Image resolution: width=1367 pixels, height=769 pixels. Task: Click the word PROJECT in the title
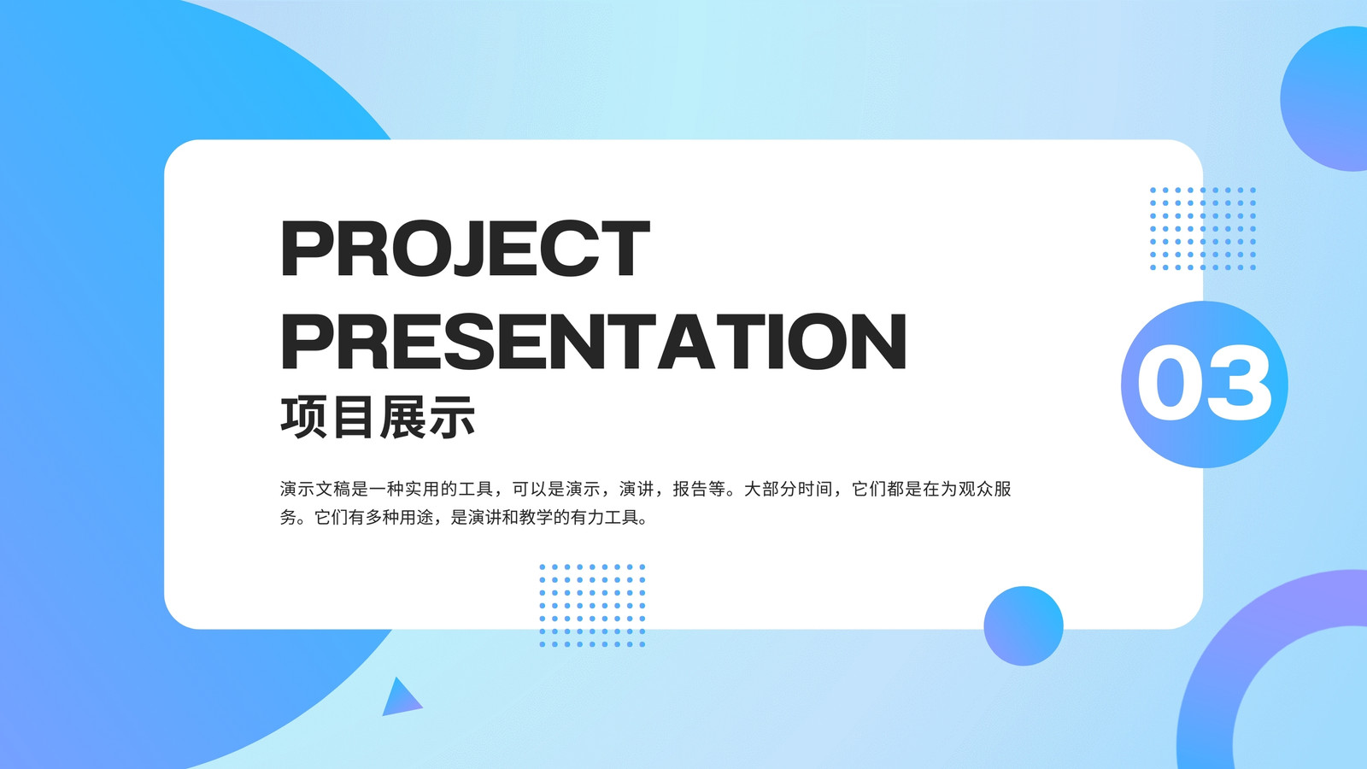[465, 249]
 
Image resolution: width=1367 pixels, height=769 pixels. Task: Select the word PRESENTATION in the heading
[593, 341]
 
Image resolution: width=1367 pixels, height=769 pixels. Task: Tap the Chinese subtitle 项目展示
[378, 418]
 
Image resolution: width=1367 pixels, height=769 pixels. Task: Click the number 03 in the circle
[1204, 384]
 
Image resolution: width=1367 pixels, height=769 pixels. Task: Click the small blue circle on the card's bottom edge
[1024, 625]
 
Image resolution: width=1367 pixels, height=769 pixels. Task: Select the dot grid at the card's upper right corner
[1203, 229]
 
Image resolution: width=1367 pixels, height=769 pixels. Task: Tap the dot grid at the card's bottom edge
[592, 606]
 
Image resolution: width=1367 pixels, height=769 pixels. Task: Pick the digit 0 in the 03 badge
[1170, 384]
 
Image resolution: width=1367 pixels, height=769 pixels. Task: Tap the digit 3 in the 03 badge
[1240, 384]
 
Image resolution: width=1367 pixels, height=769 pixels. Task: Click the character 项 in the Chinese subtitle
[303, 418]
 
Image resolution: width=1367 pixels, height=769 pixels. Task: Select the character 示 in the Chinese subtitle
[452, 418]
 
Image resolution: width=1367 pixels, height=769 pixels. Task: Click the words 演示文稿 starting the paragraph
[315, 489]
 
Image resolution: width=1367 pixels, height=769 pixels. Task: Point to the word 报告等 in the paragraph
[699, 489]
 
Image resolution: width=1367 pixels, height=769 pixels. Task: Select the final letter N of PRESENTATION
[879, 341]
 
